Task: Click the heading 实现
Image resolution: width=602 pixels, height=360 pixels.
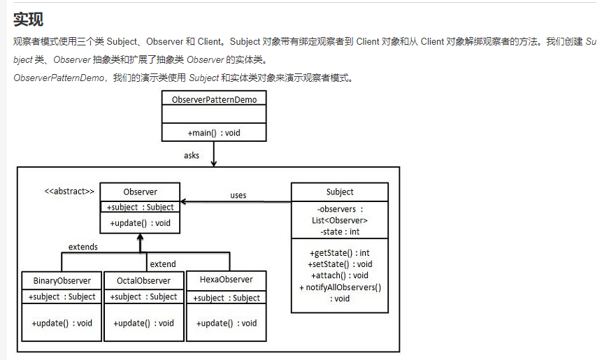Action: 28,19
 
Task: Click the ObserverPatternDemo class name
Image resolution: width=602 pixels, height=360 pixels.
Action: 214,99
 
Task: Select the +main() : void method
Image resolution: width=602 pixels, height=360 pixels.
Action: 214,133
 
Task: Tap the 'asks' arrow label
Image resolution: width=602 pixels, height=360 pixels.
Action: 192,156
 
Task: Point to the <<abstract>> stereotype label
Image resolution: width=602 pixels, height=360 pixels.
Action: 69,191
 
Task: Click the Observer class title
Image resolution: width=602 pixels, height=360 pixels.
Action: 140,192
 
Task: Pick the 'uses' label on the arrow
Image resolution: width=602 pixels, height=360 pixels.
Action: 238,195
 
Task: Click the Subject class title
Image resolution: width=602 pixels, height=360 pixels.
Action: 340,192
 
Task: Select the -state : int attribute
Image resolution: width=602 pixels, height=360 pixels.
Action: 340,231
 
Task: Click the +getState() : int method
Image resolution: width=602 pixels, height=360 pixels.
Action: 340,252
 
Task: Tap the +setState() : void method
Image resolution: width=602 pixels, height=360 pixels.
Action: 340,264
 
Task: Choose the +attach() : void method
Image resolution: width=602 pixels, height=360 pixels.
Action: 340,275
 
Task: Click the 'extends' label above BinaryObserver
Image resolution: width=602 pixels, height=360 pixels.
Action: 83,247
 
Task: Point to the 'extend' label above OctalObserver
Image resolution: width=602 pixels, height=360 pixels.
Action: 163,264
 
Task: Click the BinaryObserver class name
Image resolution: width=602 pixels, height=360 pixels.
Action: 62,281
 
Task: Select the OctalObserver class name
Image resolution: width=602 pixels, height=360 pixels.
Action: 143,281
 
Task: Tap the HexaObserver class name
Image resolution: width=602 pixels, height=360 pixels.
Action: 226,280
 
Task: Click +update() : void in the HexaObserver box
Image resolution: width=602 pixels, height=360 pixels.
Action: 226,324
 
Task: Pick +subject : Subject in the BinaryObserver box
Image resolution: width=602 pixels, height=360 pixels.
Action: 62,297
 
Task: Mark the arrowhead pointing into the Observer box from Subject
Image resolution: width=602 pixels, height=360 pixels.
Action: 185,202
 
